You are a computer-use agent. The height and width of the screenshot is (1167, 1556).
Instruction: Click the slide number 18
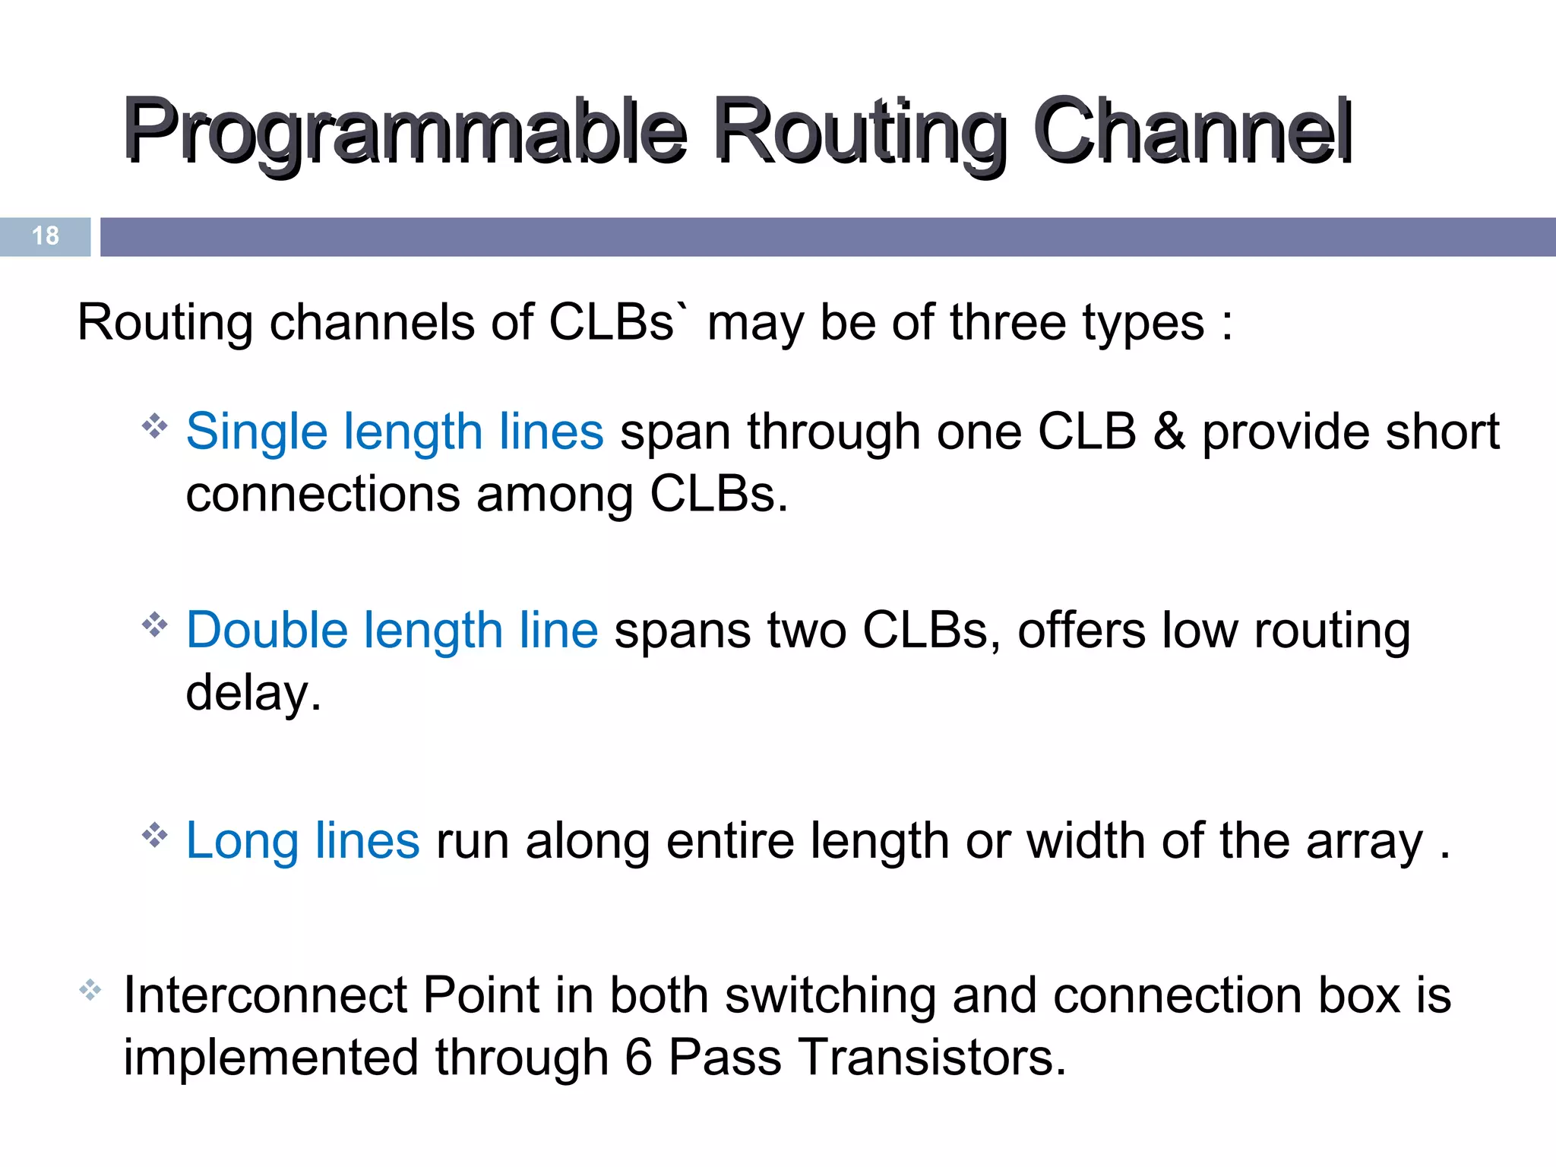[x=46, y=236]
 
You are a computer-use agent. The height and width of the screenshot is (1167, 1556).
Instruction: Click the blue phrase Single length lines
[x=394, y=432]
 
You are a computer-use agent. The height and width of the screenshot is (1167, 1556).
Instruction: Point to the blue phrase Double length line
[x=392, y=631]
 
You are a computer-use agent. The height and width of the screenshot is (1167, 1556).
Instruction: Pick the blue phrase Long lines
[x=302, y=841]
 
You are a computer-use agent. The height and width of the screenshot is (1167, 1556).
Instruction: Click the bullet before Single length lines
[x=154, y=425]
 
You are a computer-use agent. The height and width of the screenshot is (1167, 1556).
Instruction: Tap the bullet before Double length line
[x=154, y=625]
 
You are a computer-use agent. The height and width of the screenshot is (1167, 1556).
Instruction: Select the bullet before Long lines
[x=154, y=835]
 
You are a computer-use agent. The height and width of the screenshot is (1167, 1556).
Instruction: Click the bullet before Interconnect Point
[x=90, y=989]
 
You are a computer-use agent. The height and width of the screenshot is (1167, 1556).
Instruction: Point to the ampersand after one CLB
[x=1169, y=432]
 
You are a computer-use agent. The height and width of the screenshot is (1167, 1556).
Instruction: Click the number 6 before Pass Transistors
[x=638, y=1057]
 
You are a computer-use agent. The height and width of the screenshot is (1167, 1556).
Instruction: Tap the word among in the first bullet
[x=554, y=495]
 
